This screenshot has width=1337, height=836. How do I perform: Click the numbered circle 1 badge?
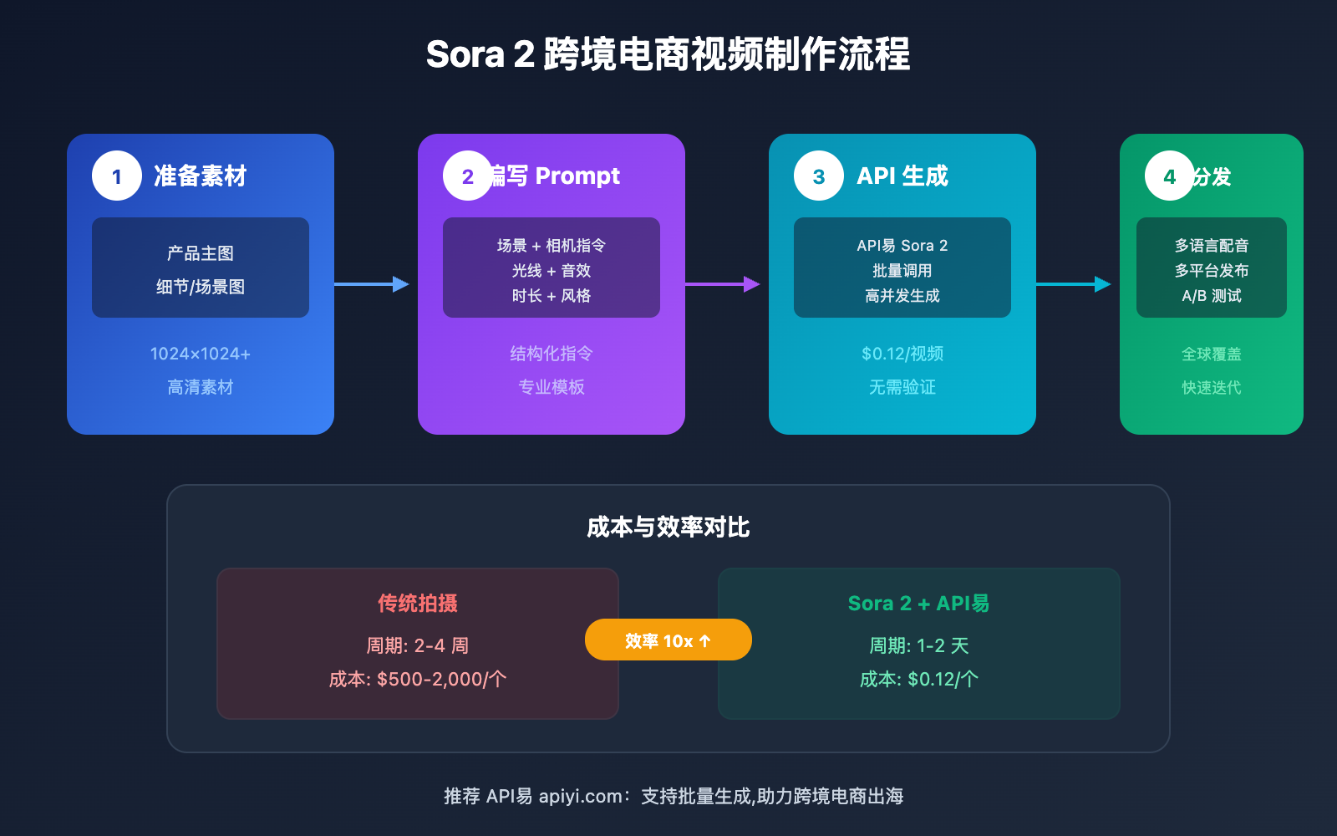117,176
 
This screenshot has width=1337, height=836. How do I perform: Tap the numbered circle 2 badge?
468,176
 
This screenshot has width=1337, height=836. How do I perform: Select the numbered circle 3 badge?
819,176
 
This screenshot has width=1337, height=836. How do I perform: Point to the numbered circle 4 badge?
1170,176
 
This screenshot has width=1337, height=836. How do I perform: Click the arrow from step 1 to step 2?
372,284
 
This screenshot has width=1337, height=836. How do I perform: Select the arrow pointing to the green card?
1074,284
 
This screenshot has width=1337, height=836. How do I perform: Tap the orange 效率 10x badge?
668,640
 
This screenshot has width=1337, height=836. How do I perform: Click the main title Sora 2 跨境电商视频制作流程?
668,55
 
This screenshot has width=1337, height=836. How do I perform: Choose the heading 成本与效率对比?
668,527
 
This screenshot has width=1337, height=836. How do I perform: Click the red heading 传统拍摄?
418,603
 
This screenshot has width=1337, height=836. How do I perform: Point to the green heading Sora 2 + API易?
918,603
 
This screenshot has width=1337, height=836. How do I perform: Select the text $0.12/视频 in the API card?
902,354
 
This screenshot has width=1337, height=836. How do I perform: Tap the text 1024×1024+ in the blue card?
201,354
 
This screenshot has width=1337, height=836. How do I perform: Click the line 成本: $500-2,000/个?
418,679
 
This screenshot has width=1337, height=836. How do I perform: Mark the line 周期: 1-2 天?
918,645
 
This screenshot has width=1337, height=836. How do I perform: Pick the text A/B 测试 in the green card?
1212,296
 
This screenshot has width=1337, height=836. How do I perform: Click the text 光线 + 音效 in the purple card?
552,271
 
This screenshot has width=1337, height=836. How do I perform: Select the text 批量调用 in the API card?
902,271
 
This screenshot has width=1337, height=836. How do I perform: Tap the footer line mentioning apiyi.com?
674,796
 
